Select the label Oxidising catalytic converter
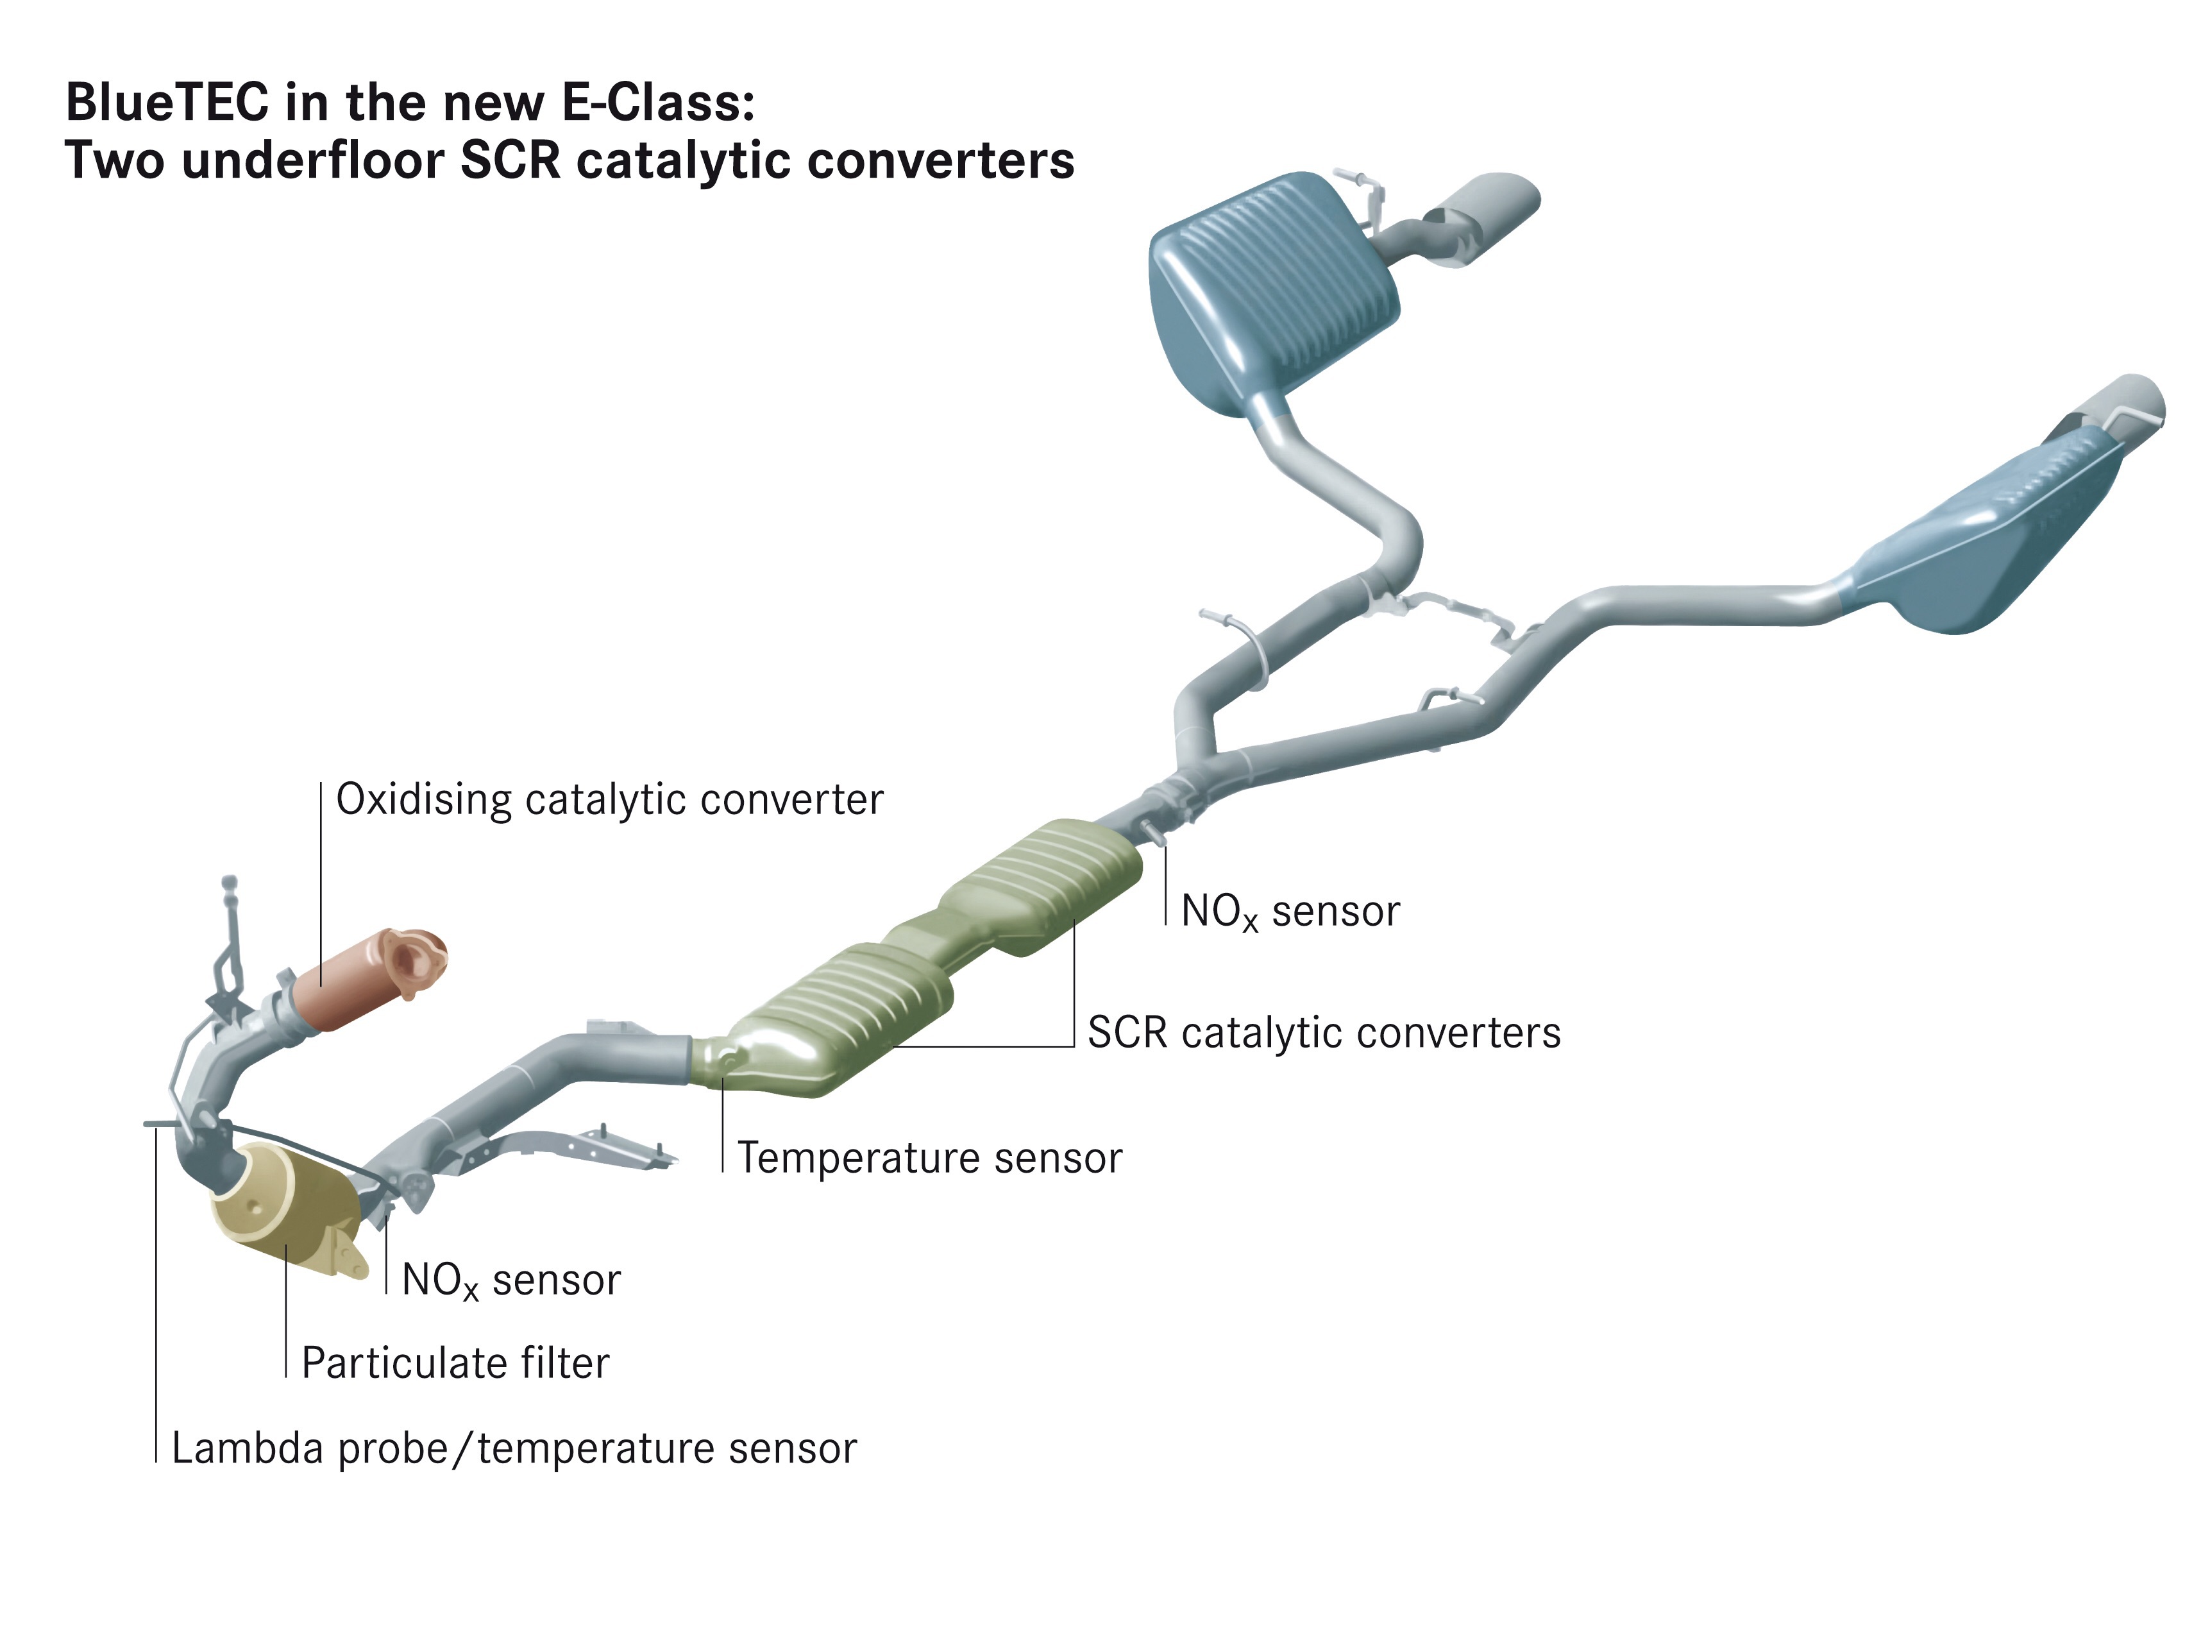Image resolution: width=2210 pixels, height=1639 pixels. (x=609, y=800)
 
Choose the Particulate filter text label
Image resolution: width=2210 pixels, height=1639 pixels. (x=455, y=1363)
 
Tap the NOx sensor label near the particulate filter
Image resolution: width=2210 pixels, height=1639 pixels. (x=511, y=1281)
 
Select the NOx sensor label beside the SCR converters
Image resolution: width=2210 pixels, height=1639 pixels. (x=1290, y=912)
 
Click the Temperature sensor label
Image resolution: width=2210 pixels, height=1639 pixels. (x=929, y=1158)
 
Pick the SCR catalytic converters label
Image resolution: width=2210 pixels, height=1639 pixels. (x=1324, y=1033)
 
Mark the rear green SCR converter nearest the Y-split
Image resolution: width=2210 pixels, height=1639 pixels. (x=1042, y=883)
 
